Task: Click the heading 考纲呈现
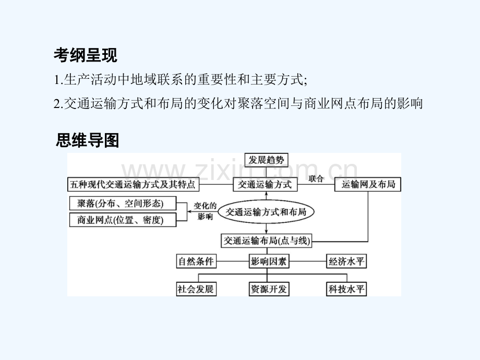86,55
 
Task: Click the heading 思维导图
87,140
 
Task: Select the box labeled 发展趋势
266,160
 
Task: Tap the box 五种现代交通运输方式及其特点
133,185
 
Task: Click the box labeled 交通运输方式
265,185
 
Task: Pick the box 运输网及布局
368,185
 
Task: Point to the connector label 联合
316,179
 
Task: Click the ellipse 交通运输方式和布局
266,212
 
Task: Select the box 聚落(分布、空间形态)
123,203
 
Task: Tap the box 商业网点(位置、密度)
123,220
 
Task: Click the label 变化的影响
205,211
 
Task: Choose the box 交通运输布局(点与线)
266,241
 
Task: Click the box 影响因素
269,261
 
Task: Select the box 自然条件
196,261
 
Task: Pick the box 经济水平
346,261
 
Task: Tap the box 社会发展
196,289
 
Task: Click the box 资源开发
269,289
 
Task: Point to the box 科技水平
346,289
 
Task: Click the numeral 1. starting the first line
58,80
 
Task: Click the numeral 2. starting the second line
58,104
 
